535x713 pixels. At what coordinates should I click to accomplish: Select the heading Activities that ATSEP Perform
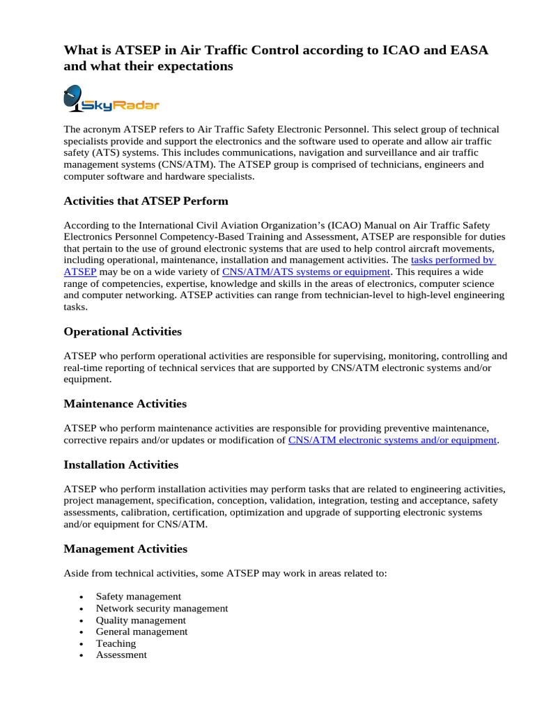click(146, 201)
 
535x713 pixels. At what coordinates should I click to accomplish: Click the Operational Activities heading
click(123, 331)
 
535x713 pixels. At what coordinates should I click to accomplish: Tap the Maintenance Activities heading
click(125, 404)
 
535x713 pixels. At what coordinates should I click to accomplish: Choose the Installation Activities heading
click(121, 464)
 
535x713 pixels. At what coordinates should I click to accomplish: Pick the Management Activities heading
click(125, 549)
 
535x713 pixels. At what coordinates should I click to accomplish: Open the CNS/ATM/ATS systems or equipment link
click(306, 272)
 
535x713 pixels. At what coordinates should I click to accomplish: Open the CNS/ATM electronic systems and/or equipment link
click(391, 440)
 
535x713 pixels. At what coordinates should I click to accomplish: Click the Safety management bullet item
click(138, 597)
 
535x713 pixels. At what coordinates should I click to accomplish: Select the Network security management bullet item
click(162, 609)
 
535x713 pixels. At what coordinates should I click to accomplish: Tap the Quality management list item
click(141, 620)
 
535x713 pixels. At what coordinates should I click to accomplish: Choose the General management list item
click(141, 632)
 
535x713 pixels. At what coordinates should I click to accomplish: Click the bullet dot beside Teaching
click(82, 644)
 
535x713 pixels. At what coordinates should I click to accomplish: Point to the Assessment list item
click(121, 655)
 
